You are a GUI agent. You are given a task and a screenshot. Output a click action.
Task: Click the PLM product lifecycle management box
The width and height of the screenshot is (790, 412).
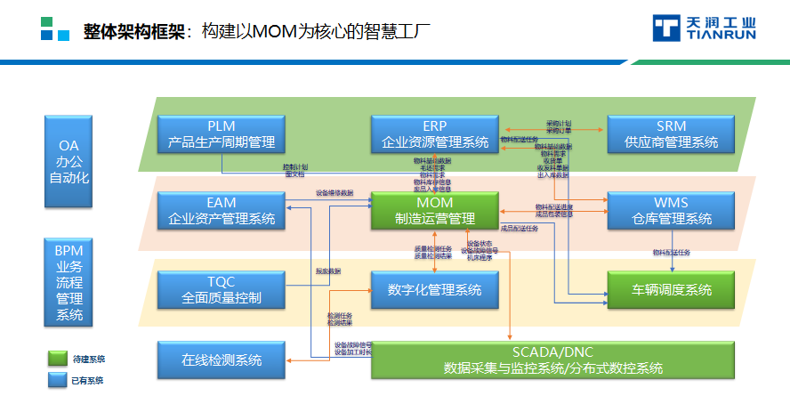point(222,133)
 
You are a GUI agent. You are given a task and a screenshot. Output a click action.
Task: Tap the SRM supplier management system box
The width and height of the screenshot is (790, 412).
point(671,133)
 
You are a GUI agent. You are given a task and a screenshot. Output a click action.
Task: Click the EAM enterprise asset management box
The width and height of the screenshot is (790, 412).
point(222,210)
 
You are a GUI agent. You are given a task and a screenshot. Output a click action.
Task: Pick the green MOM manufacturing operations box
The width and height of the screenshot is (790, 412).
point(435,210)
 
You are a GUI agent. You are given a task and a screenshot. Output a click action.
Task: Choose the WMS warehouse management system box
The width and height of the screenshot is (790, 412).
point(671,210)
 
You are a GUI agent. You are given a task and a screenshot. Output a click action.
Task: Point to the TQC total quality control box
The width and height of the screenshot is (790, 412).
point(222,289)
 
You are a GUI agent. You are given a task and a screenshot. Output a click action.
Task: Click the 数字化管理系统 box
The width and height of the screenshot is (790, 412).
point(435,289)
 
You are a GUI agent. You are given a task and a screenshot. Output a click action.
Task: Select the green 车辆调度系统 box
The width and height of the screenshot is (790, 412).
point(671,289)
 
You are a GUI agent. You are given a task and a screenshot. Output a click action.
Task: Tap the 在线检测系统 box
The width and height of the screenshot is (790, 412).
point(222,360)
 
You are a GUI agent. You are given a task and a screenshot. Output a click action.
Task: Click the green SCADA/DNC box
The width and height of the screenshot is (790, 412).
point(552,359)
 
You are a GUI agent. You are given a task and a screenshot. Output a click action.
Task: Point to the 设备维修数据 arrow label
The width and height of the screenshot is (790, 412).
point(335,192)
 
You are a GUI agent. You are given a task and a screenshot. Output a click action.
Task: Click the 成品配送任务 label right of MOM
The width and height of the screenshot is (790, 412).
point(520,229)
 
